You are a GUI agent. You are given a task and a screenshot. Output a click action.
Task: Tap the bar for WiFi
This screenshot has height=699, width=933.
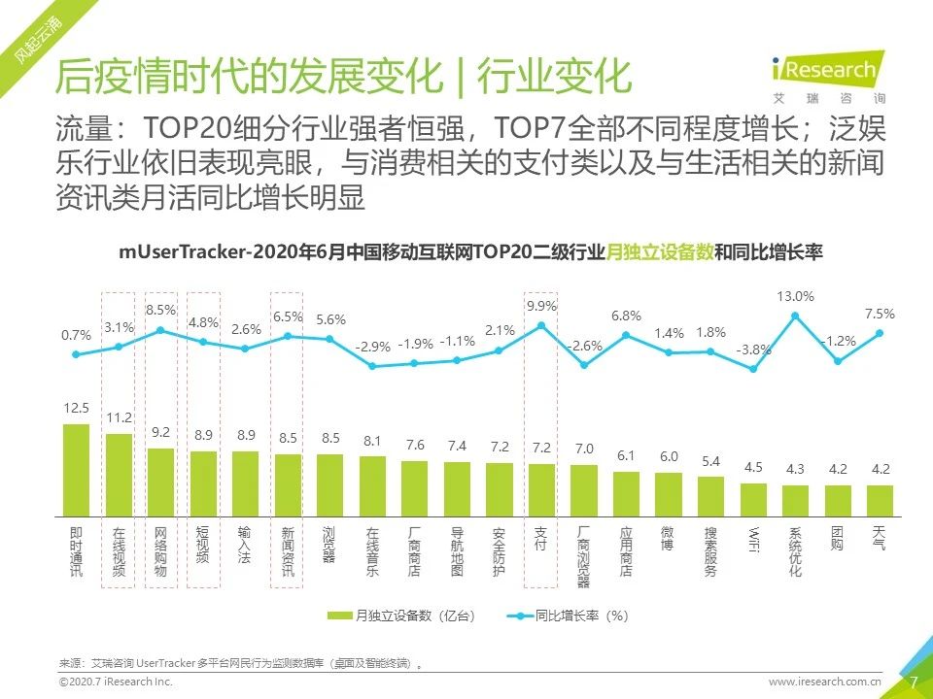(753, 498)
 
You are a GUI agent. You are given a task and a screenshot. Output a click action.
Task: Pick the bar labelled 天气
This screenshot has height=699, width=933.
(880, 499)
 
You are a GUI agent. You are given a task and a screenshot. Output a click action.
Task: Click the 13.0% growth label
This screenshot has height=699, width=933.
(795, 296)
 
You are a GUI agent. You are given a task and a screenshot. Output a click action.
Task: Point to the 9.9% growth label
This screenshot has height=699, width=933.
(541, 306)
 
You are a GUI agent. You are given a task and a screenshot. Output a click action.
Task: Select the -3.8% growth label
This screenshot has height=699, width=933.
(752, 349)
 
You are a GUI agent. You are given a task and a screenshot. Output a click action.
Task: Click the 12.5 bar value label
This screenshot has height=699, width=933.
(77, 408)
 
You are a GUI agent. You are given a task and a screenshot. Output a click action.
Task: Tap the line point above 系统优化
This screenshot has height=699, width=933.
(795, 316)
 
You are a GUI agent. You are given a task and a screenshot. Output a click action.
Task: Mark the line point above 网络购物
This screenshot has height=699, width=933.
(160, 331)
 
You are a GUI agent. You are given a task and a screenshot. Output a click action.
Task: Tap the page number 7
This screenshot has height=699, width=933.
(913, 682)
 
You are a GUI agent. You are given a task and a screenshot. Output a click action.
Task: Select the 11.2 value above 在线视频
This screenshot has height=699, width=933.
(119, 417)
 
